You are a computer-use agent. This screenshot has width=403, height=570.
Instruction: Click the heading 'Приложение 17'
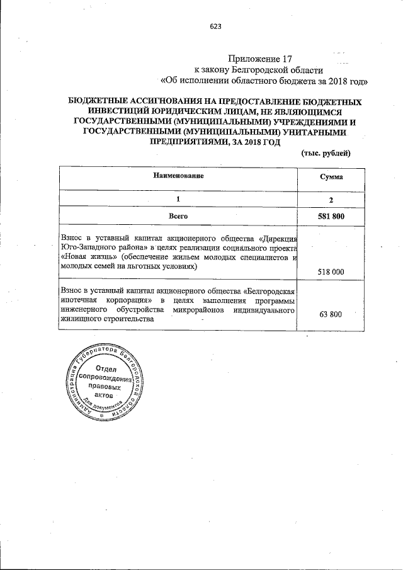click(x=261, y=58)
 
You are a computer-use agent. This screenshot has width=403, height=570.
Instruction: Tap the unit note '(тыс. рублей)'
click(x=326, y=154)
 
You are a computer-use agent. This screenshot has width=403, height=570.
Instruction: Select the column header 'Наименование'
click(x=179, y=176)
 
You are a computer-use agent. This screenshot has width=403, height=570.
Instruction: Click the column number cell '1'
click(x=178, y=198)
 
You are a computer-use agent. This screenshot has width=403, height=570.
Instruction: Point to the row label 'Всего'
click(x=179, y=215)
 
